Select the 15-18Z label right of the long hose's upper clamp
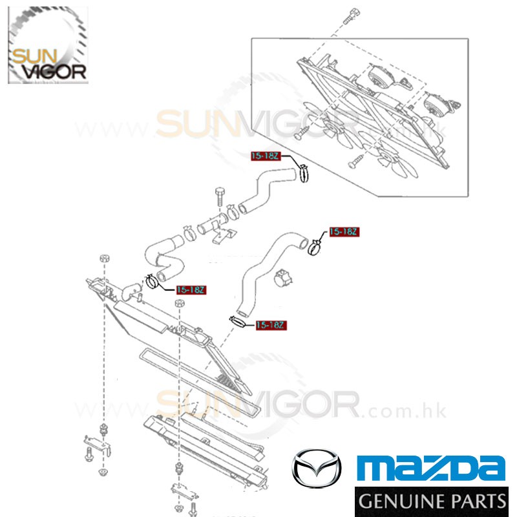click(343, 231)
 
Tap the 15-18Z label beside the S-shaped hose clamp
click(190, 290)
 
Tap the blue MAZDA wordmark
click(431, 468)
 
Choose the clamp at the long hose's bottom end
click(237, 319)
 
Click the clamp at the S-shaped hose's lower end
click(153, 282)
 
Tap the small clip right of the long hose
click(282, 279)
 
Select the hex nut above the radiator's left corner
click(103, 258)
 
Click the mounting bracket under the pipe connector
click(222, 237)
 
